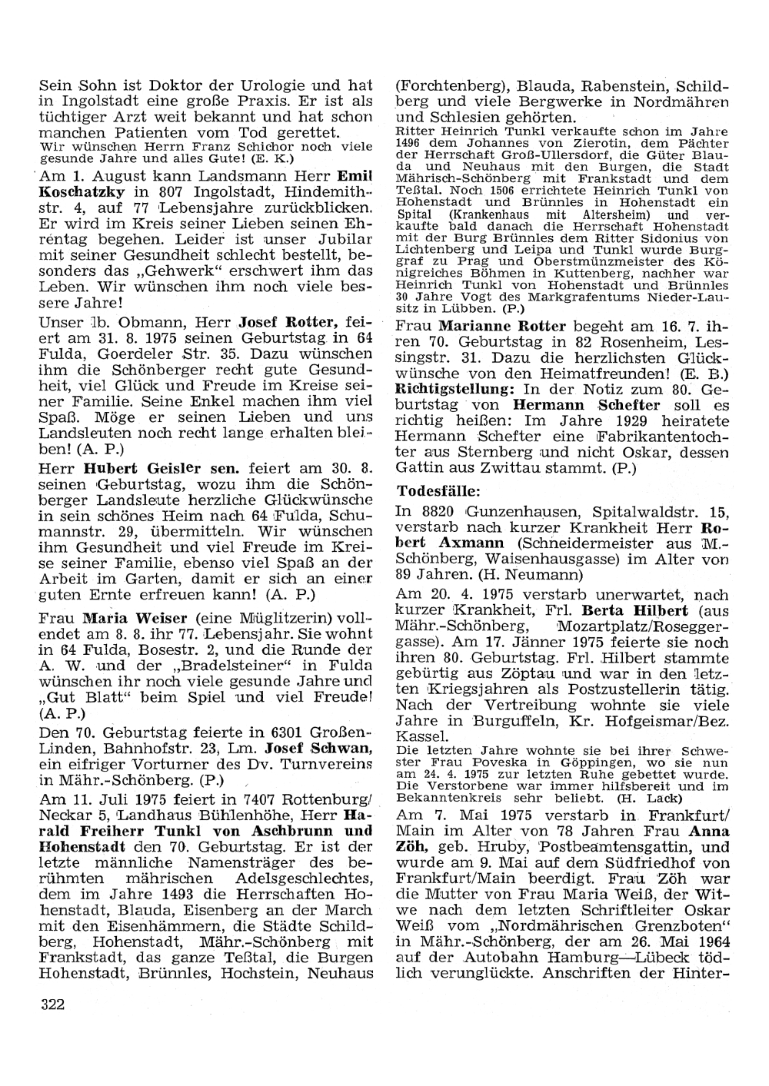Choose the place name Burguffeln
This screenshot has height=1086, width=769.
coord(510,720)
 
